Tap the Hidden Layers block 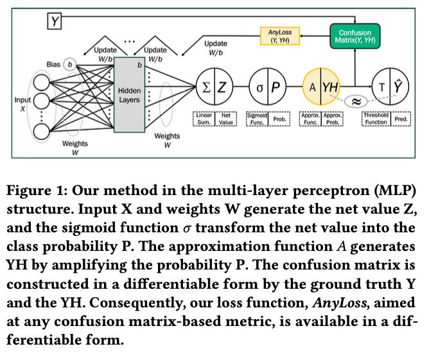(129, 96)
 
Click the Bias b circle (71, 65)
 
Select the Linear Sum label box (204, 119)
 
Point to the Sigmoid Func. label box (257, 119)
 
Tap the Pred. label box (401, 119)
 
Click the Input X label (22, 104)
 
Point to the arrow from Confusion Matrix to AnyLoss (311, 37)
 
